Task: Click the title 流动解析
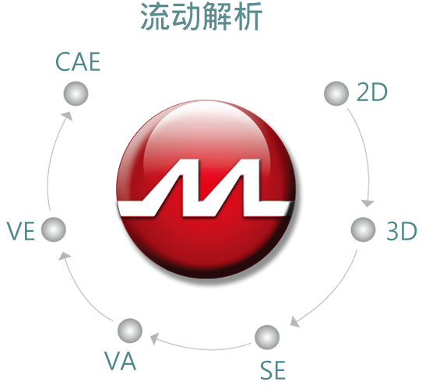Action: (x=202, y=16)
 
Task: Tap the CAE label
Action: (x=78, y=62)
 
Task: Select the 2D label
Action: (x=372, y=93)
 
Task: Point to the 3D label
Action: (x=402, y=231)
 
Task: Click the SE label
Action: (x=273, y=370)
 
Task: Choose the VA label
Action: (x=121, y=361)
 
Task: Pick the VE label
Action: (x=21, y=231)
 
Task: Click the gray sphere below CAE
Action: (x=76, y=93)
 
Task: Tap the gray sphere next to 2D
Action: (x=336, y=93)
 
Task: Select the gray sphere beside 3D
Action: (x=364, y=229)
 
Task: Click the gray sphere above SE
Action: (x=267, y=337)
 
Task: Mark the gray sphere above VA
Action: (x=130, y=331)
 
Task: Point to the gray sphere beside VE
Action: (x=54, y=229)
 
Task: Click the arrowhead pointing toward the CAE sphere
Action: (x=67, y=116)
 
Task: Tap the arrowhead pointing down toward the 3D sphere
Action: (x=367, y=203)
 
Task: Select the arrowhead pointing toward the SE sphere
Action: (x=295, y=321)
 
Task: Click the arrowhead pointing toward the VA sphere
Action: (x=154, y=339)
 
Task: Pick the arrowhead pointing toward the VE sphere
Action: (x=65, y=256)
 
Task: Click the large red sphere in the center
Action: (x=206, y=189)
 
